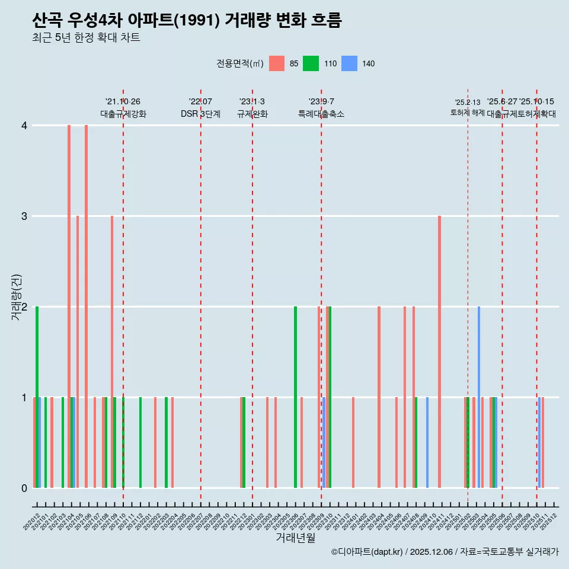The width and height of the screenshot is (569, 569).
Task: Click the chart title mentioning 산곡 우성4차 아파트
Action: point(187,21)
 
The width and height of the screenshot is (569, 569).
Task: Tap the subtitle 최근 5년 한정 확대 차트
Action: point(86,39)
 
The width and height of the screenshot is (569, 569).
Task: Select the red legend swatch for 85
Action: point(277,63)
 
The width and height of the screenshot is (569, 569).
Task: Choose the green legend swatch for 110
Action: point(311,63)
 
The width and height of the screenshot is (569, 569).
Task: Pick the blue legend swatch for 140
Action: point(350,63)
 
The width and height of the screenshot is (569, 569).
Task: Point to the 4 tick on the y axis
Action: point(24,126)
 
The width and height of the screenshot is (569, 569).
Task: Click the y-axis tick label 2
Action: point(24,307)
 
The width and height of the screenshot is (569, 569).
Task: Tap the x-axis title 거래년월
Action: point(295,538)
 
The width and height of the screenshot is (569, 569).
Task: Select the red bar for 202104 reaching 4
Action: point(69,306)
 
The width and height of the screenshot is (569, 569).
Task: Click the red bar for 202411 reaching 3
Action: point(439,352)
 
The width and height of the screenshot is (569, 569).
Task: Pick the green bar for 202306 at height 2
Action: point(296,397)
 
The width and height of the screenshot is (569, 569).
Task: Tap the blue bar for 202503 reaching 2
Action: point(479,397)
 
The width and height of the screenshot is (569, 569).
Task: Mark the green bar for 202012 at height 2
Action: point(37,397)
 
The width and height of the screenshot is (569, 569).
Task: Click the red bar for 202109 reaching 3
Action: point(112,352)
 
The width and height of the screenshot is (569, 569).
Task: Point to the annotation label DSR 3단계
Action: point(200,114)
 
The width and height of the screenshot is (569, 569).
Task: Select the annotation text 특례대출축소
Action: point(321,114)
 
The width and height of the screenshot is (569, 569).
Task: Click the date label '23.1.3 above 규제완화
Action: point(252,102)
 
